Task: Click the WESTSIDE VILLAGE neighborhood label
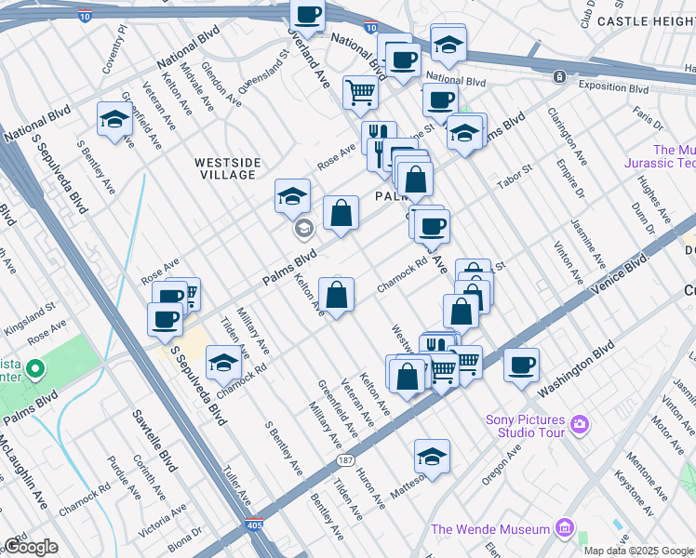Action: tap(226, 168)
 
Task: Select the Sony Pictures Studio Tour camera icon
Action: tap(581, 425)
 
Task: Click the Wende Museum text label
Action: tap(490, 529)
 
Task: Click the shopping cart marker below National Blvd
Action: tap(359, 92)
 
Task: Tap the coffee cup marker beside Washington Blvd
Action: tap(522, 364)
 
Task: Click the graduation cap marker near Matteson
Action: tap(432, 456)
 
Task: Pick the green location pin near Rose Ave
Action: tap(34, 369)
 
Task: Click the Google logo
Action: tap(31, 546)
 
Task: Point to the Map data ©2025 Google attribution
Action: tap(638, 551)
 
